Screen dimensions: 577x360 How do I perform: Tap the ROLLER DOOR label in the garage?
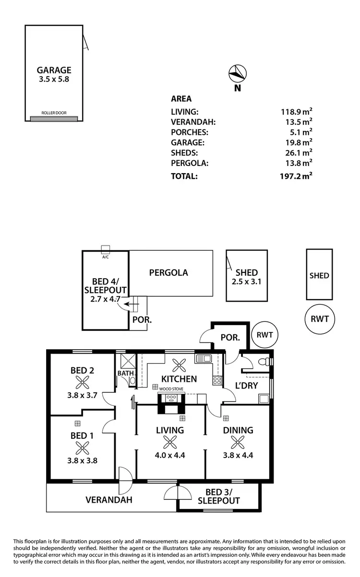click(54, 113)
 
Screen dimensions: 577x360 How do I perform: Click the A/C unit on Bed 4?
click(106, 248)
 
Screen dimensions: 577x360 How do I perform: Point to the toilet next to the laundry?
click(264, 362)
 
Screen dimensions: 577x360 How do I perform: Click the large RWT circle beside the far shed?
click(319, 318)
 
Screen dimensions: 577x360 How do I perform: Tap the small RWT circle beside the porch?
click(264, 335)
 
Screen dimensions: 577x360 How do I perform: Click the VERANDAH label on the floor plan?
click(109, 499)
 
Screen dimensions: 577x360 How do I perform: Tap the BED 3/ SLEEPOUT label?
click(218, 496)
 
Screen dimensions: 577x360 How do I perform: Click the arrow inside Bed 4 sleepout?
click(128, 304)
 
